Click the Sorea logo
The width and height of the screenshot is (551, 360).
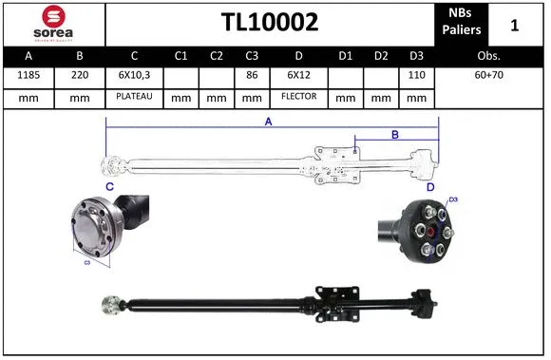pos(53,23)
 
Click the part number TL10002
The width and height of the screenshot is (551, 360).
pos(270,23)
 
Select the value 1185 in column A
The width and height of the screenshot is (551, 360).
pos(28,75)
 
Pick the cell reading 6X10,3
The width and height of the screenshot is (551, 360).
pos(134,75)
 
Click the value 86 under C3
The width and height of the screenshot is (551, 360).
pos(253,75)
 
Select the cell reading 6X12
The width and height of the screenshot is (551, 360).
pos(298,75)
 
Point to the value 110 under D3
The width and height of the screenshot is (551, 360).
pos(414,75)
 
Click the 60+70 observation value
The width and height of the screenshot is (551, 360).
pos(490,75)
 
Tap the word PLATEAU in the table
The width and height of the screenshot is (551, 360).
pos(134,97)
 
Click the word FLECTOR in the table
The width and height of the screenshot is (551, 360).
pos(298,97)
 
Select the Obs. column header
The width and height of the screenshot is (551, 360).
pos(490,55)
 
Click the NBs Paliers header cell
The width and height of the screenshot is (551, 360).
pos(462,23)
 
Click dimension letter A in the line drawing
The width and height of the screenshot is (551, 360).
pos(269,122)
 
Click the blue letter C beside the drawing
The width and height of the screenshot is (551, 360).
pos(109,187)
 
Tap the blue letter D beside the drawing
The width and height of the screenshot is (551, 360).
pos(430,187)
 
